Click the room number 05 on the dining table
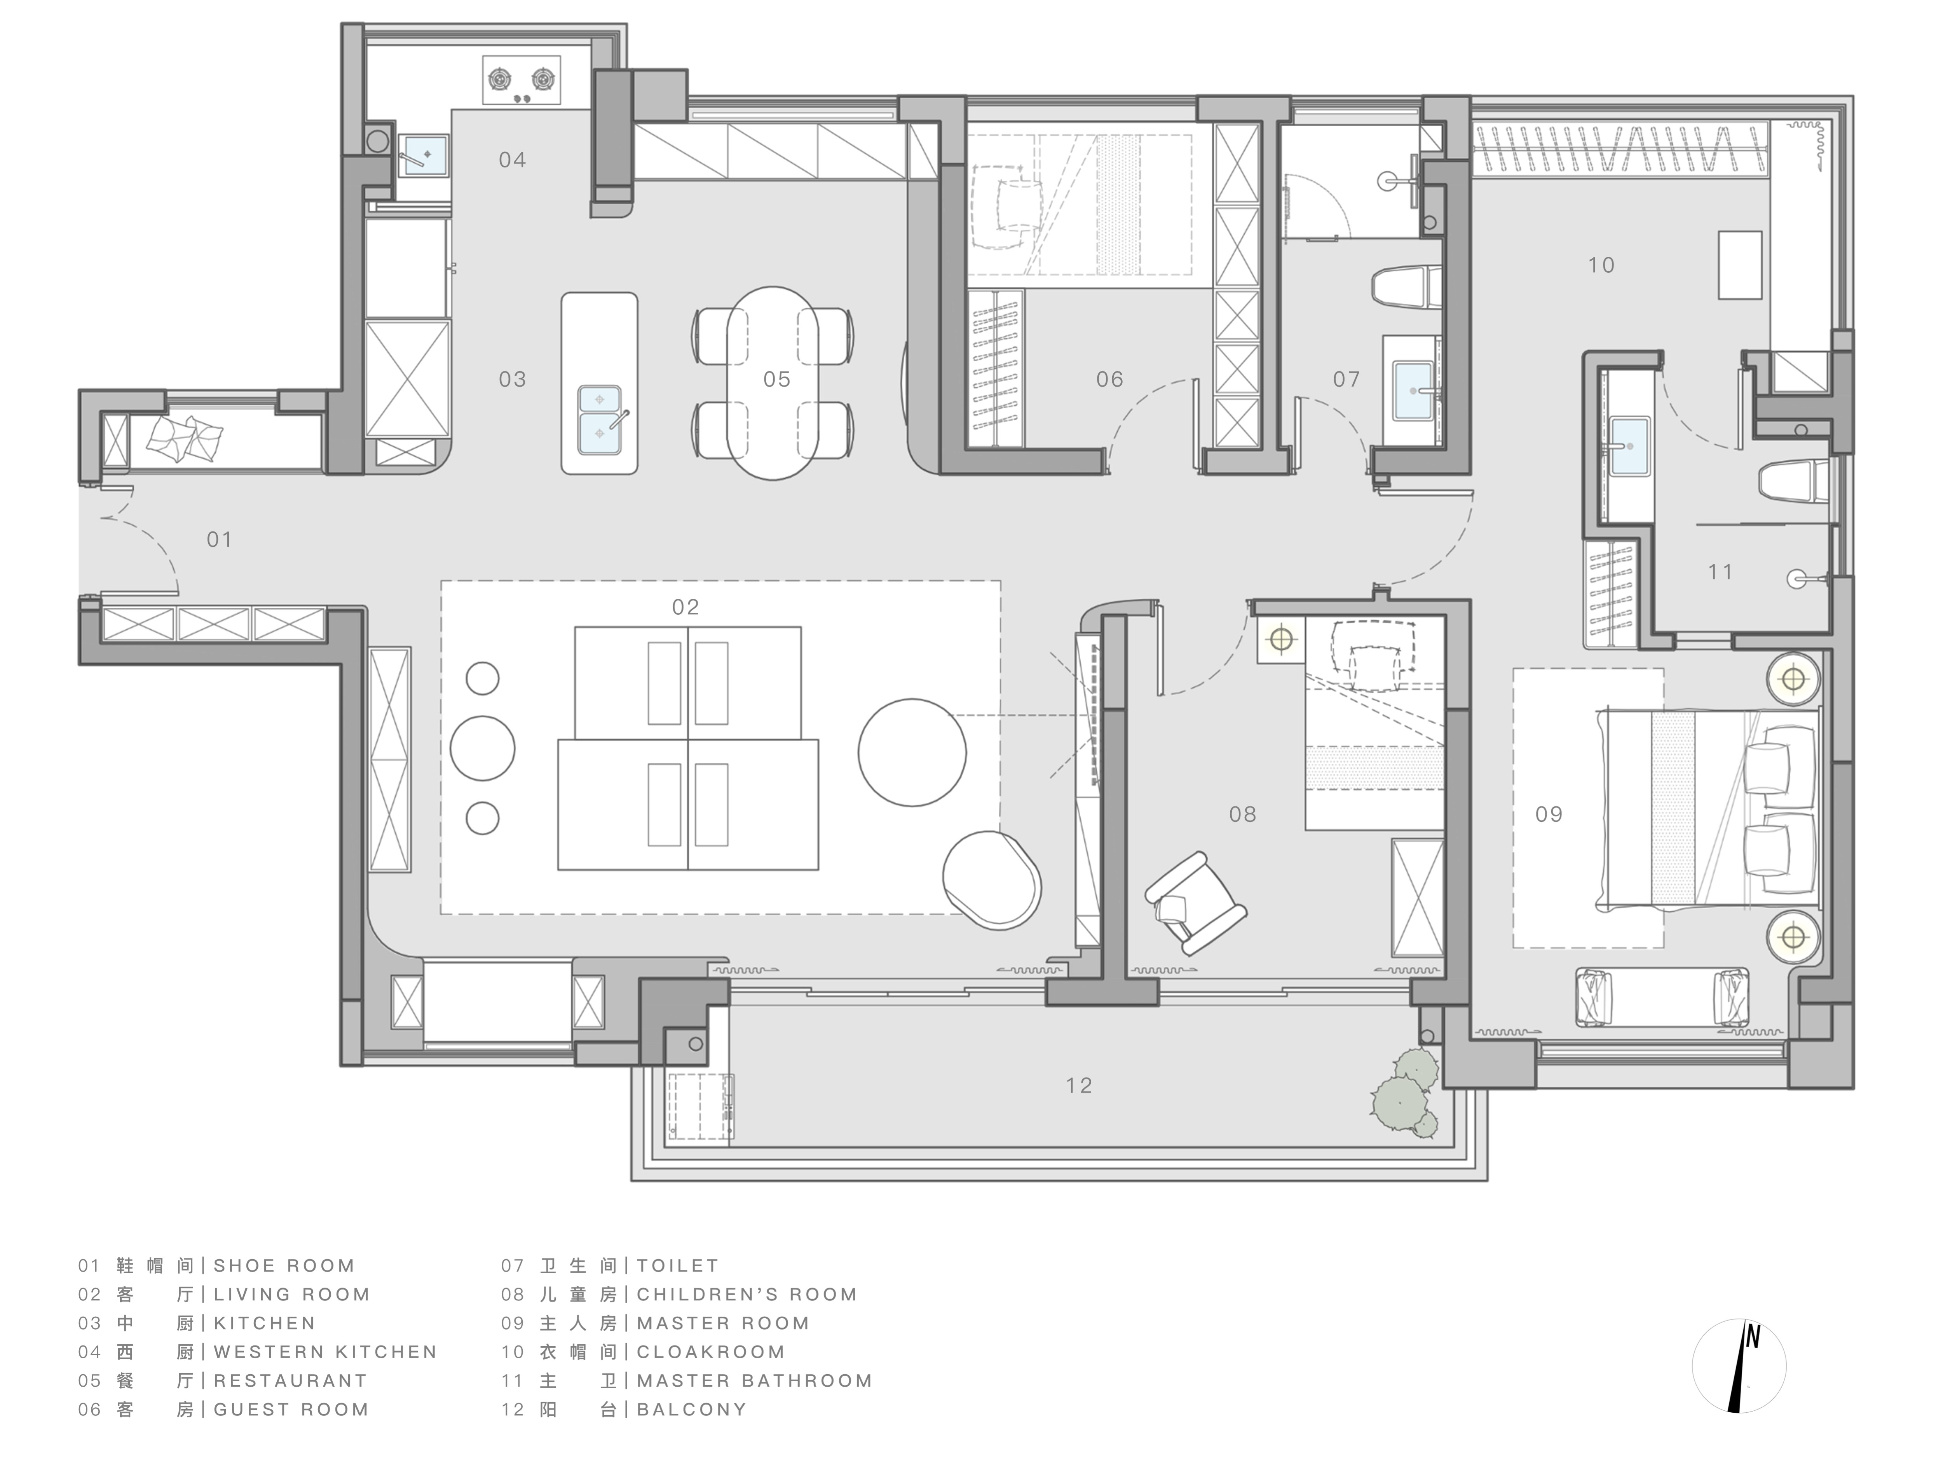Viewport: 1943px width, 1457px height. [776, 379]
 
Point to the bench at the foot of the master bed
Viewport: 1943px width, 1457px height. [1662, 998]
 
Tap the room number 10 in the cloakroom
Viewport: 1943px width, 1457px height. [1601, 265]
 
